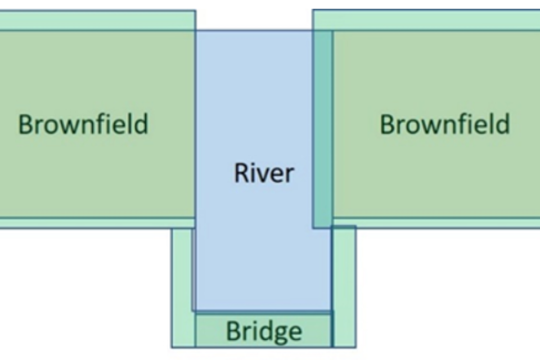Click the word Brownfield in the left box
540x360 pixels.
(x=83, y=124)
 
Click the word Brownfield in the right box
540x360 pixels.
(x=444, y=124)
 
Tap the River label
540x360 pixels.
(x=264, y=173)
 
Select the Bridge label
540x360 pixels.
(x=263, y=332)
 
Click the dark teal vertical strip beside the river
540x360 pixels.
(x=323, y=129)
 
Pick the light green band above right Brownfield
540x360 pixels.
(x=426, y=20)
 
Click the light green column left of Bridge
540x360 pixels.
(x=182, y=287)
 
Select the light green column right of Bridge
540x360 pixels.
(x=344, y=287)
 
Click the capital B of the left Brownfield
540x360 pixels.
(x=26, y=124)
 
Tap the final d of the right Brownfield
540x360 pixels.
(x=502, y=124)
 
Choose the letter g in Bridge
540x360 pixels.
(x=280, y=334)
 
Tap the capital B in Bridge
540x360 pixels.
(x=233, y=332)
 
